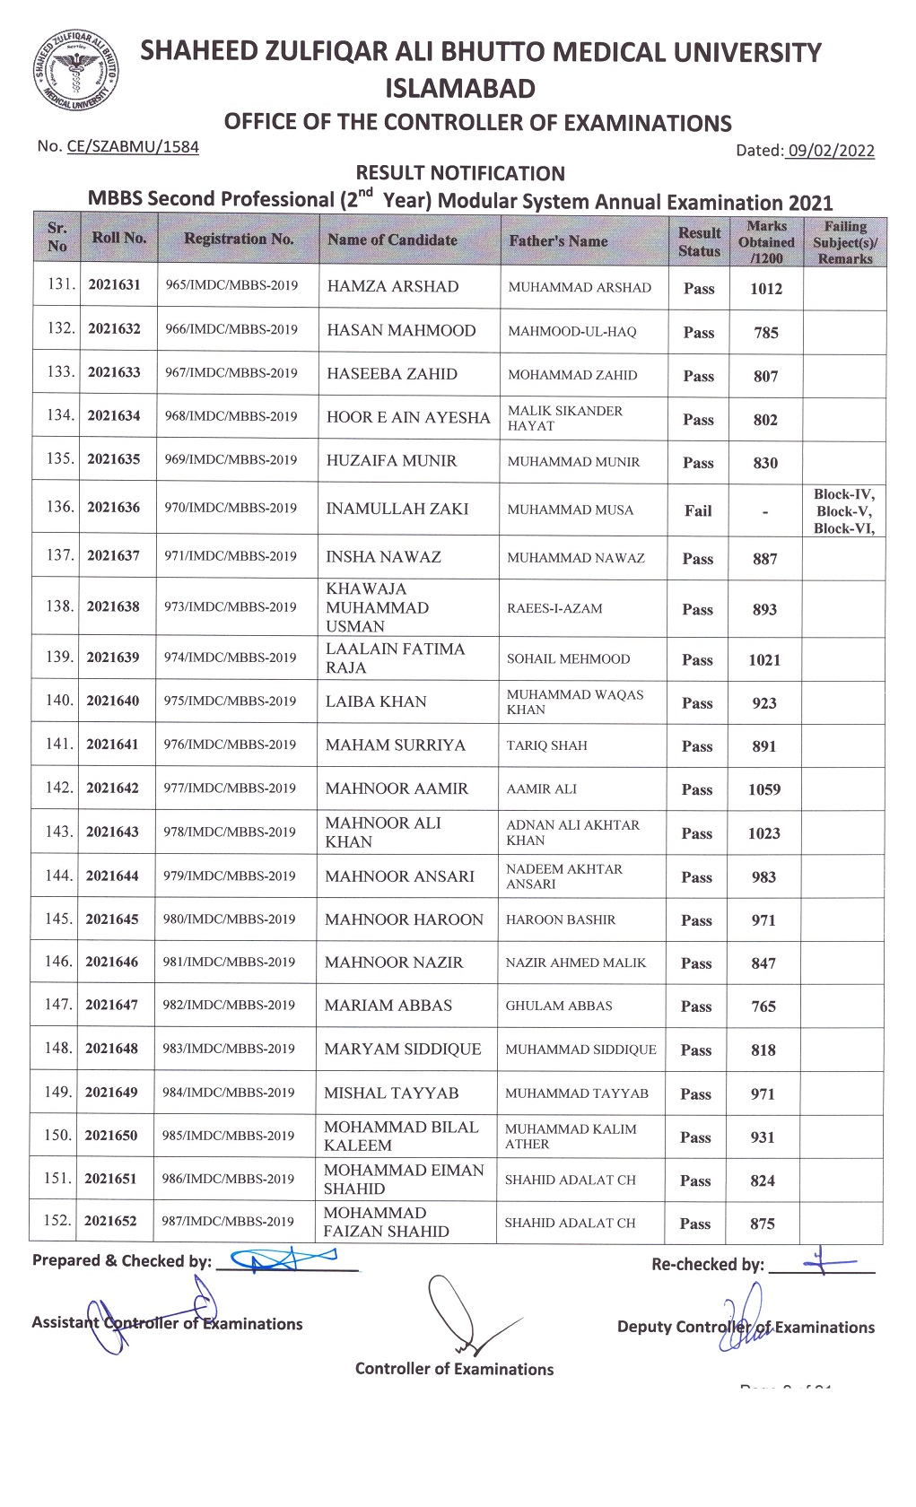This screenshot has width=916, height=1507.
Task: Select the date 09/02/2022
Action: [x=830, y=151]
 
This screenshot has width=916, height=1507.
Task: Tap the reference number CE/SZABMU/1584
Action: [x=133, y=146]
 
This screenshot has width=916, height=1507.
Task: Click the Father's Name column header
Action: [x=558, y=240]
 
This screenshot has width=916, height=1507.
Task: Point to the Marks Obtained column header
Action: [x=766, y=242]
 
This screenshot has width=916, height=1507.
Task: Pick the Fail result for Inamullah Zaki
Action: [x=698, y=510]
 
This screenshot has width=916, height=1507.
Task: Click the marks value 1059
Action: [x=764, y=789]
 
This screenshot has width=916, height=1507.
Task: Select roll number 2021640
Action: [x=113, y=701]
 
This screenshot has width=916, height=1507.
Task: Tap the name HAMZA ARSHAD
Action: [x=393, y=286]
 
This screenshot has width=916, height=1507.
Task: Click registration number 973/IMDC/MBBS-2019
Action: [x=231, y=606]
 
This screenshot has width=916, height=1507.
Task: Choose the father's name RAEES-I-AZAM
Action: [x=554, y=607]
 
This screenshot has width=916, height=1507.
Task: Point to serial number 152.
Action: [x=58, y=1220]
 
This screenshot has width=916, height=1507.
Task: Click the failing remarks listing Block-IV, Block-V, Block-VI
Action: [x=843, y=511]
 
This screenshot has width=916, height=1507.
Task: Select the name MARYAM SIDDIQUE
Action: [x=403, y=1049]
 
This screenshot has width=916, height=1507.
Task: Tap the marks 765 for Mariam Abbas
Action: [x=763, y=1006]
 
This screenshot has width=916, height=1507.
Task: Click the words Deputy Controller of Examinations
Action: [x=746, y=1327]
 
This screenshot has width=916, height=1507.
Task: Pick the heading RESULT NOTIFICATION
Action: [x=460, y=173]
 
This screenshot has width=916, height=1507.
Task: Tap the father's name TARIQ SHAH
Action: [x=547, y=745]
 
